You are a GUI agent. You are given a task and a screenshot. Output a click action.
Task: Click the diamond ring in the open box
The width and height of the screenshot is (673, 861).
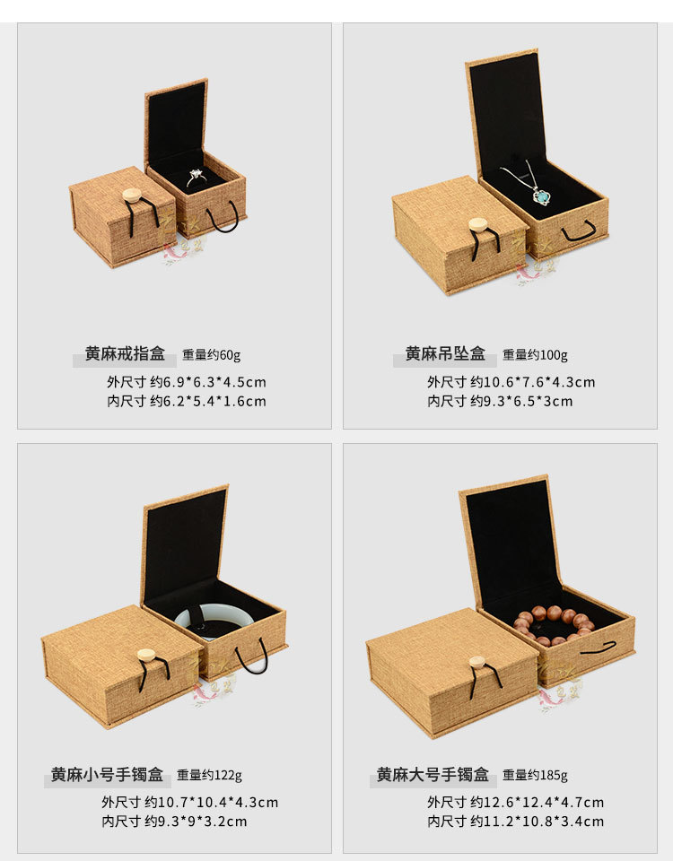(197, 177)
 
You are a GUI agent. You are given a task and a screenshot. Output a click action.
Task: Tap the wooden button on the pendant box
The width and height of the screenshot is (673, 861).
(479, 225)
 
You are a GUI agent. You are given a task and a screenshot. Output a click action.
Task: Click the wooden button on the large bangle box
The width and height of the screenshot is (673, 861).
(477, 664)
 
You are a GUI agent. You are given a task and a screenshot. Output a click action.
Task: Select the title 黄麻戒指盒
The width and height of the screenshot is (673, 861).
(125, 353)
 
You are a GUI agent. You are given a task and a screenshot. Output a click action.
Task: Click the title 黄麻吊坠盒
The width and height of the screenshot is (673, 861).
(444, 353)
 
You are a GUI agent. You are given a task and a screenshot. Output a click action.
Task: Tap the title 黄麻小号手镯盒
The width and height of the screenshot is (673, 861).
(107, 774)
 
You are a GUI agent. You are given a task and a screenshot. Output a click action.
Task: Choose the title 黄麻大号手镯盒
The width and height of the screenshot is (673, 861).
(433, 774)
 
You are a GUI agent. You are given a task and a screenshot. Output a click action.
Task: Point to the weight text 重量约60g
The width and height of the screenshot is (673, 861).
(212, 355)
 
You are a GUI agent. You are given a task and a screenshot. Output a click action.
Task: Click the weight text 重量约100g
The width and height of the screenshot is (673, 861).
(535, 355)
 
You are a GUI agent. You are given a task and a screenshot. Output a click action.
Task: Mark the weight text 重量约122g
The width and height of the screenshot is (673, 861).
(209, 776)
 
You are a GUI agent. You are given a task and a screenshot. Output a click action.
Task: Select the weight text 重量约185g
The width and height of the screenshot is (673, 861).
(535, 776)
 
